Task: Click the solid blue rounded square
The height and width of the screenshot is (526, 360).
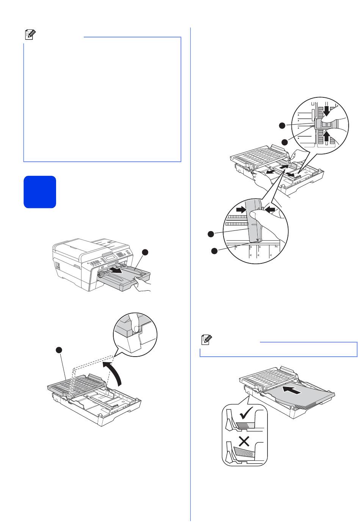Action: (40, 192)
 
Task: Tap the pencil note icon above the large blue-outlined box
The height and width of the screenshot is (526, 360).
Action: (30, 35)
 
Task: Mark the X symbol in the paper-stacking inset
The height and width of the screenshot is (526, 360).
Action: (244, 441)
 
